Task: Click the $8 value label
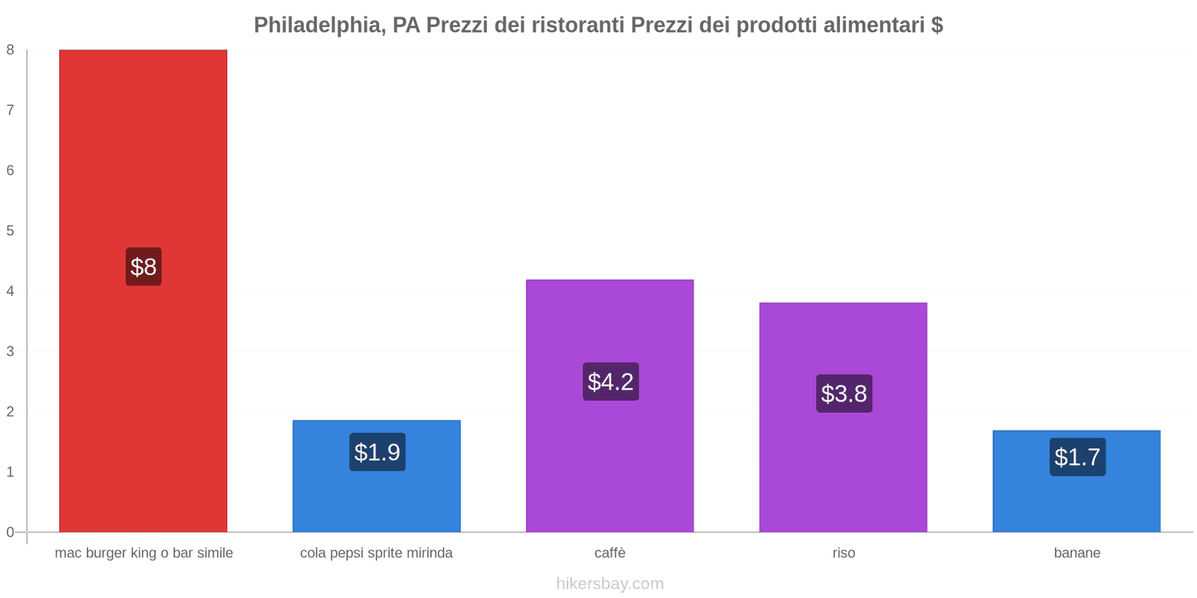[144, 267]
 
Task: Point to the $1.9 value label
[377, 452]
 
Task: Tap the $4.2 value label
[610, 382]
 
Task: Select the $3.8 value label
[844, 394]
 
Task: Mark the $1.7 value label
[1077, 457]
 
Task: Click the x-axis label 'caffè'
[610, 553]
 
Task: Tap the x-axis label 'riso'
[843, 553]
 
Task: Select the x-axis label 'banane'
[1077, 553]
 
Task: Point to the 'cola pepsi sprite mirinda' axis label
[376, 553]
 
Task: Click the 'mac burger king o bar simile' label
[144, 553]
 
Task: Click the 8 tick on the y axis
[10, 50]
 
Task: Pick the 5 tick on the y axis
[10, 231]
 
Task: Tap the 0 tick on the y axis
[10, 532]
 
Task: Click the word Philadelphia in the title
[317, 25]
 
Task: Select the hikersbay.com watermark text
[610, 584]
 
